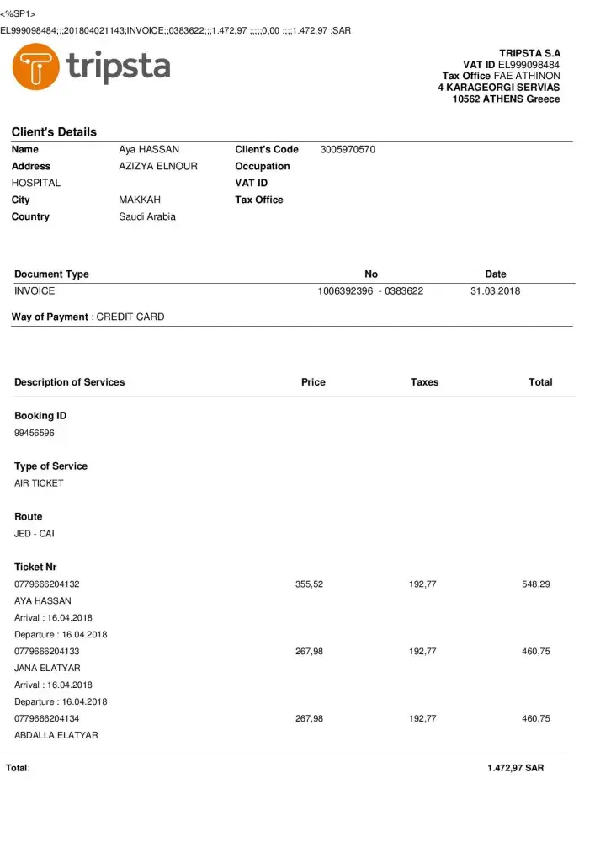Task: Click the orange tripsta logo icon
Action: tap(35, 67)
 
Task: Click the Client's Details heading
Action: tap(54, 131)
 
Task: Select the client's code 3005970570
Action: tap(348, 150)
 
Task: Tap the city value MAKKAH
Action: tap(140, 200)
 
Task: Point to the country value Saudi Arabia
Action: tap(147, 217)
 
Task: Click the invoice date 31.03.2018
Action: tap(495, 291)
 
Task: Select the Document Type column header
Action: tap(51, 274)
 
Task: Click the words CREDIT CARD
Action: tap(130, 317)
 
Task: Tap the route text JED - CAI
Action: tap(35, 534)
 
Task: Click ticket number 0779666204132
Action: tap(47, 584)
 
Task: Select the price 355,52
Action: tap(309, 584)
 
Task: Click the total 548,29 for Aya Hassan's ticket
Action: tap(536, 584)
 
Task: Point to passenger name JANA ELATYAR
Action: tap(43, 669)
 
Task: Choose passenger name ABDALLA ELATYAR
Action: tap(56, 736)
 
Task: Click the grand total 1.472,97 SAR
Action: tap(515, 769)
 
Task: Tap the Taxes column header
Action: tap(424, 382)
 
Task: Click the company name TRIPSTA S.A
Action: tap(529, 53)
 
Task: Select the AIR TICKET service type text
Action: tap(39, 483)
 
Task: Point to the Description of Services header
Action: tap(69, 382)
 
